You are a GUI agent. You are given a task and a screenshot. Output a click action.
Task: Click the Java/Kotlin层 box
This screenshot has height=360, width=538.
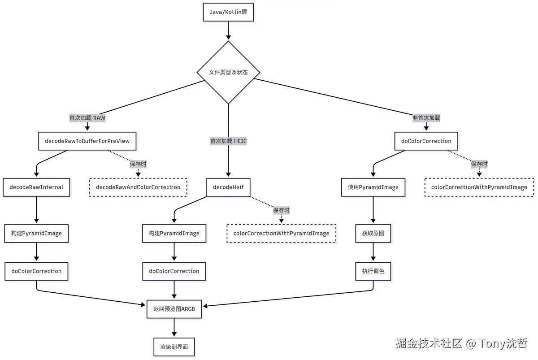[x=228, y=12]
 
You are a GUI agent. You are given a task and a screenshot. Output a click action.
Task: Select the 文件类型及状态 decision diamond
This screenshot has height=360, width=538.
[x=228, y=72]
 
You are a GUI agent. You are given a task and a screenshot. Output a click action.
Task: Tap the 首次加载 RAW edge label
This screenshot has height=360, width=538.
[x=87, y=118]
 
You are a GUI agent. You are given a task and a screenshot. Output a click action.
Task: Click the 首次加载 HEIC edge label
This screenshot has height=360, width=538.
[x=228, y=141]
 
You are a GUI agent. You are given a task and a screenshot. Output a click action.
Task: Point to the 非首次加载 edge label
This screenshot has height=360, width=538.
[x=426, y=118]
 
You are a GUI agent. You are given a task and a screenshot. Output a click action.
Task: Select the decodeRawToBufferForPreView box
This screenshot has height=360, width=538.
[x=87, y=141]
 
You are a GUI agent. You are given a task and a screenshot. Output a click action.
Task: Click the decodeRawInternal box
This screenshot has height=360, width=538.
[x=36, y=187]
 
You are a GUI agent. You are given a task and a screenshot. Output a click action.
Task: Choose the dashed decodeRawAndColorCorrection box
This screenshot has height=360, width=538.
[x=138, y=187]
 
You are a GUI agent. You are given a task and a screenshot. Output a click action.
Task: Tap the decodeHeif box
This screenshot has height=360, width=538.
[x=228, y=187]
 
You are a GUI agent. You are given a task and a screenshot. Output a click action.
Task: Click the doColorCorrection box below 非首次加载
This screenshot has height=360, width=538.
[x=426, y=141]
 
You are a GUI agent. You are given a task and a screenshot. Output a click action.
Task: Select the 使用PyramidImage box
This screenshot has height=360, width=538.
[x=373, y=187]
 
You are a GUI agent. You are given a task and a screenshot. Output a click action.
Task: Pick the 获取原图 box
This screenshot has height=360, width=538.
[x=373, y=233]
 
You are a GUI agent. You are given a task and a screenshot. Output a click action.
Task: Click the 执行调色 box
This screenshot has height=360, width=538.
[x=373, y=271]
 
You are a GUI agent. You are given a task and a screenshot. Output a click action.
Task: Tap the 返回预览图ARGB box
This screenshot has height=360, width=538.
[x=174, y=309]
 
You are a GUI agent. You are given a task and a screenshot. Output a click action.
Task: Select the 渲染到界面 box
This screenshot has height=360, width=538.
[x=174, y=347]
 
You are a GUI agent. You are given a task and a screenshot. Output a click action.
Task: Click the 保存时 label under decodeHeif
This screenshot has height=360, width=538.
[x=281, y=210]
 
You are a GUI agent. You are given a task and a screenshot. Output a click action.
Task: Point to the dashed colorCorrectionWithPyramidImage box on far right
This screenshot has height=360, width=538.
[x=479, y=187]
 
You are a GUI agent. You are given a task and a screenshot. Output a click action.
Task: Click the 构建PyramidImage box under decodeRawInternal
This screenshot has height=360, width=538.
[x=36, y=233]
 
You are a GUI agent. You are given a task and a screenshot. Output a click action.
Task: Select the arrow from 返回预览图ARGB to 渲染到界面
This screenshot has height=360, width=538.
[x=174, y=328]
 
